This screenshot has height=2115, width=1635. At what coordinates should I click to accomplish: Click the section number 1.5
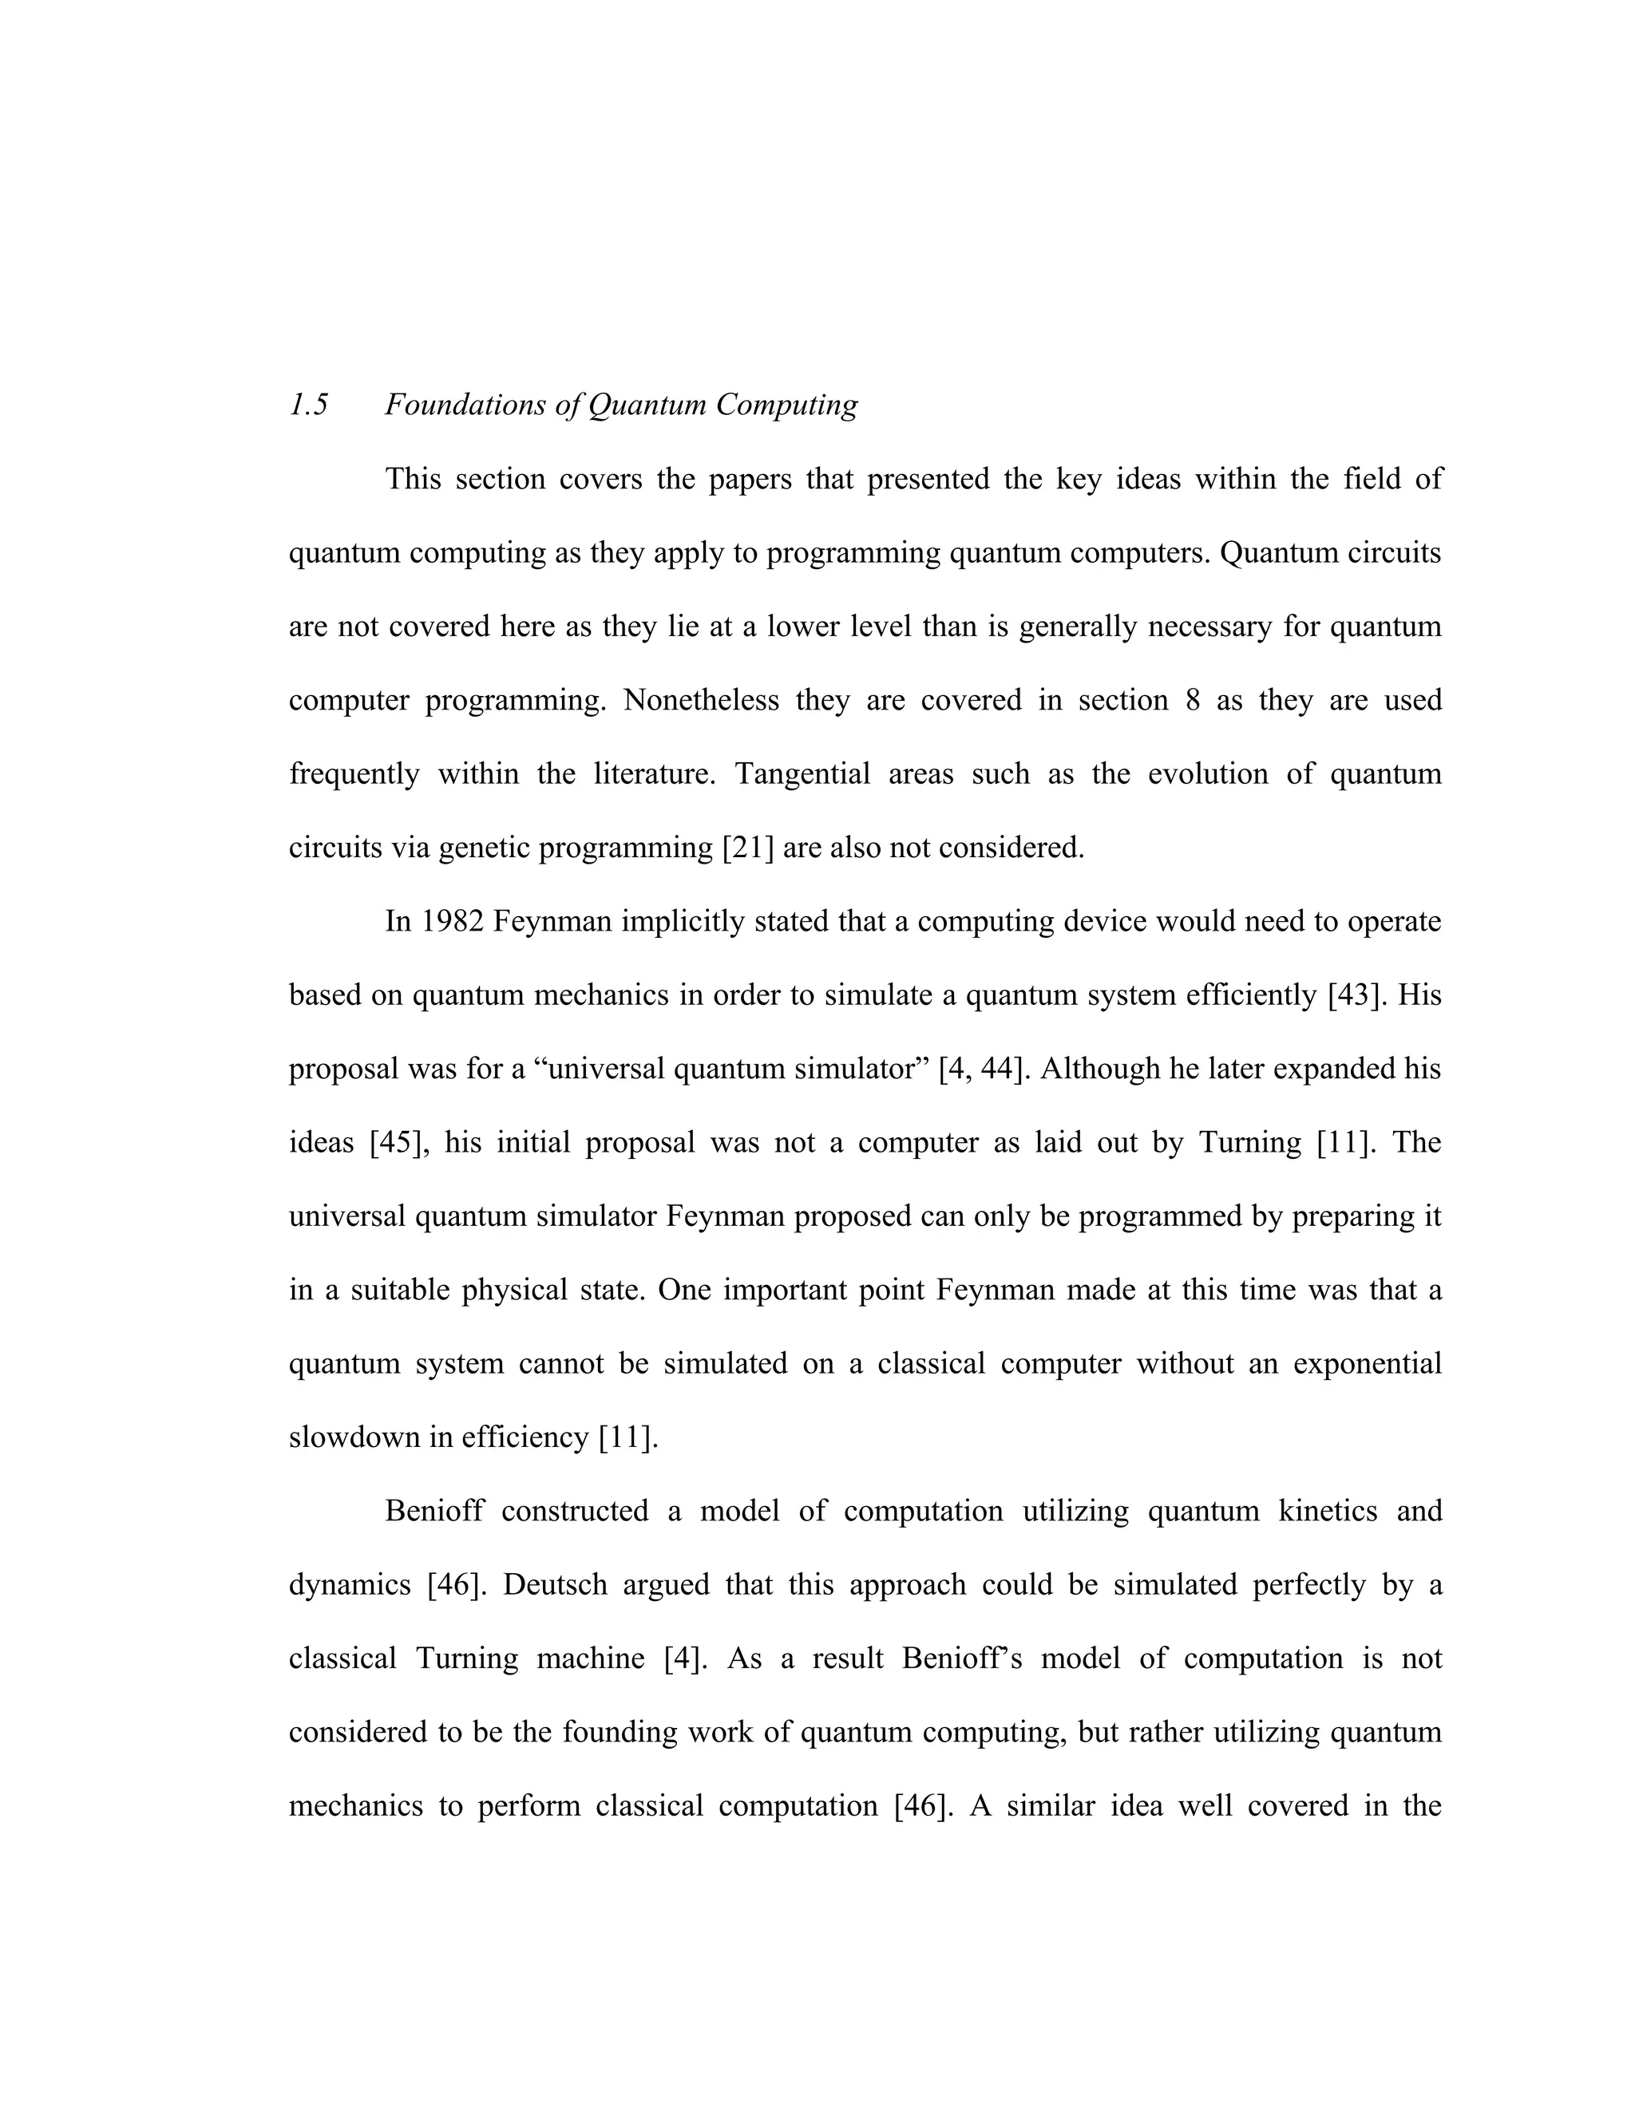(x=309, y=405)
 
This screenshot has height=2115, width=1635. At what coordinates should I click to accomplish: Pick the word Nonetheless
(x=701, y=701)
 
